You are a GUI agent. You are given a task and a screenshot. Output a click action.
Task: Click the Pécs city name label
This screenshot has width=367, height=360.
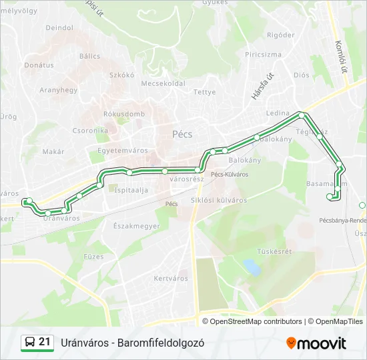[182, 134]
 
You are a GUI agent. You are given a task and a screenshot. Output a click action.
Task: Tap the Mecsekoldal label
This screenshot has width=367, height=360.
[163, 84]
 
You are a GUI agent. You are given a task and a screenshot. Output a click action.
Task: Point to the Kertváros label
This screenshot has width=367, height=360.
[171, 279]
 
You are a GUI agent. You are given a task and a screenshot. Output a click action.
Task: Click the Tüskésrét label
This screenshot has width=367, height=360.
[274, 251]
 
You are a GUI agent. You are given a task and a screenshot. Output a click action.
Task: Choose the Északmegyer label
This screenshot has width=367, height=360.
[137, 226]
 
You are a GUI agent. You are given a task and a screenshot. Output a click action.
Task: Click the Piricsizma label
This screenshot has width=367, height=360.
[263, 55]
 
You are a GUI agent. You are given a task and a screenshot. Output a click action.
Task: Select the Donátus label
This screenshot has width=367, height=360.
[39, 65]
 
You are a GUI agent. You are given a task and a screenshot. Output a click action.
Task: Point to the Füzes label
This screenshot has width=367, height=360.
[93, 256]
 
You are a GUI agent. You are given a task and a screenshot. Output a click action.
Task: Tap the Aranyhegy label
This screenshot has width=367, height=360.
[59, 90]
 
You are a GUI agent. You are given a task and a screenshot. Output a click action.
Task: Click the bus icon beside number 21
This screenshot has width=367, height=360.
[30, 343]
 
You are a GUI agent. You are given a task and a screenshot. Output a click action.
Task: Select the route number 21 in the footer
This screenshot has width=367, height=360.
[45, 342]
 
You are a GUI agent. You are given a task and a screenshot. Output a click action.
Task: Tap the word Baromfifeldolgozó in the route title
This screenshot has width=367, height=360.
[160, 343]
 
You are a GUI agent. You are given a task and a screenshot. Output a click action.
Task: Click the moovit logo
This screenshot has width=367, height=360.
[316, 343]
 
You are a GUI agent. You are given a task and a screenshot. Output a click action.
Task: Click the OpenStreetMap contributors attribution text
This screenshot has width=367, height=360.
[256, 321]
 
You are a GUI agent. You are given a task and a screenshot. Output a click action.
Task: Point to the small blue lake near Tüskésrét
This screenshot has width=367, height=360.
[252, 267]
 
